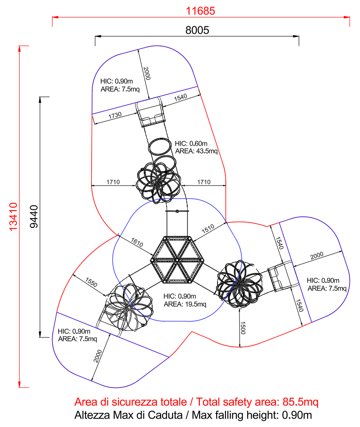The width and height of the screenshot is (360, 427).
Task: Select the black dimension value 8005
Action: [197, 30]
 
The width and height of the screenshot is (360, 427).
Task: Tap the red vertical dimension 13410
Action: [14, 216]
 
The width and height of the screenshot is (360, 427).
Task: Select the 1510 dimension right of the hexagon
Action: [208, 230]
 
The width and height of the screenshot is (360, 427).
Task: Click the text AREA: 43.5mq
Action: [196, 151]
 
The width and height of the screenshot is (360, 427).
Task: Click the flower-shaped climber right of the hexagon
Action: [239, 283]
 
